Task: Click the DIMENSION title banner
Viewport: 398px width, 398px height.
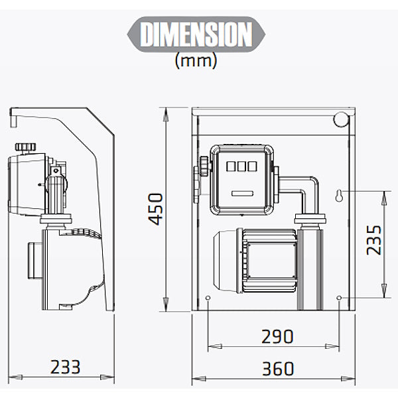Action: pyautogui.click(x=196, y=34)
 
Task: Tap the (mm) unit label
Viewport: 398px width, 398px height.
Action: pyautogui.click(x=196, y=60)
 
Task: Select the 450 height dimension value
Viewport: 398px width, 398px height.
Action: pyautogui.click(x=155, y=209)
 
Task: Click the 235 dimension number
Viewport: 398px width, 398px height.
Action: pyautogui.click(x=373, y=240)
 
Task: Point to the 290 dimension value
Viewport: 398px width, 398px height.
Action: pyautogui.click(x=277, y=336)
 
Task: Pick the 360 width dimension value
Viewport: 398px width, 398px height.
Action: pyautogui.click(x=278, y=369)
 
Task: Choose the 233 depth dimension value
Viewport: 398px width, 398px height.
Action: pyautogui.click(x=66, y=367)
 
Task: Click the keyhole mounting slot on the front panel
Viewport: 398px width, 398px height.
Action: pyautogui.click(x=338, y=196)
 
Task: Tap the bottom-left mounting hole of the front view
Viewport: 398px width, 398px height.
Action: pyautogui.click(x=208, y=298)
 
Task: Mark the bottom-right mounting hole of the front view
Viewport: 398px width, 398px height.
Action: pyautogui.click(x=339, y=298)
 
